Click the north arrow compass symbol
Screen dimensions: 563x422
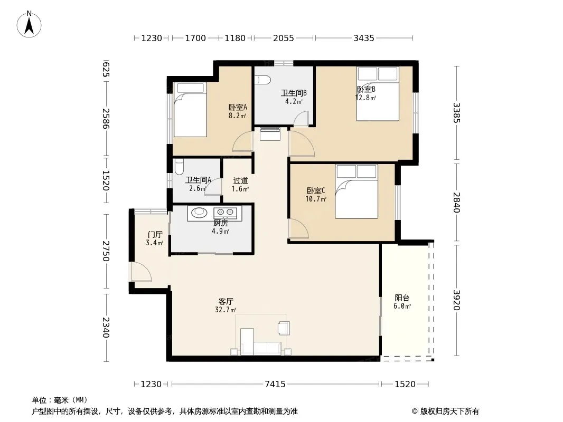click(29, 24)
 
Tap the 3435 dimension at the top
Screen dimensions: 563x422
click(364, 38)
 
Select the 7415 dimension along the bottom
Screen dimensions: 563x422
click(275, 384)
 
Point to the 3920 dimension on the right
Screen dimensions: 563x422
click(457, 300)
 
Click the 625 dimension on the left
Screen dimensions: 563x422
click(106, 69)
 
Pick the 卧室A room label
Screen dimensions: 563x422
click(238, 107)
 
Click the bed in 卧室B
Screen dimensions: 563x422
click(378, 93)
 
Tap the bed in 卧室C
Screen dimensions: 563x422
click(356, 191)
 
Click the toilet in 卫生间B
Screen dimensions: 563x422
click(262, 80)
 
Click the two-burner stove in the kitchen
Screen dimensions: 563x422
click(226, 213)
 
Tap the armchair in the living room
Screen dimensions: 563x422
click(284, 328)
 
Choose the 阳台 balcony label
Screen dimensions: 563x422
click(402, 298)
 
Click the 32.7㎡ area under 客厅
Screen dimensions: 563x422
click(226, 310)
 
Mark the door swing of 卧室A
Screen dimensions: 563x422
click(243, 141)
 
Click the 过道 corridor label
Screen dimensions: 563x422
click(240, 181)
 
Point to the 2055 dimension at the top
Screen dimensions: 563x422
click(283, 38)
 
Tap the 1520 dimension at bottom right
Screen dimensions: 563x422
click(405, 384)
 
